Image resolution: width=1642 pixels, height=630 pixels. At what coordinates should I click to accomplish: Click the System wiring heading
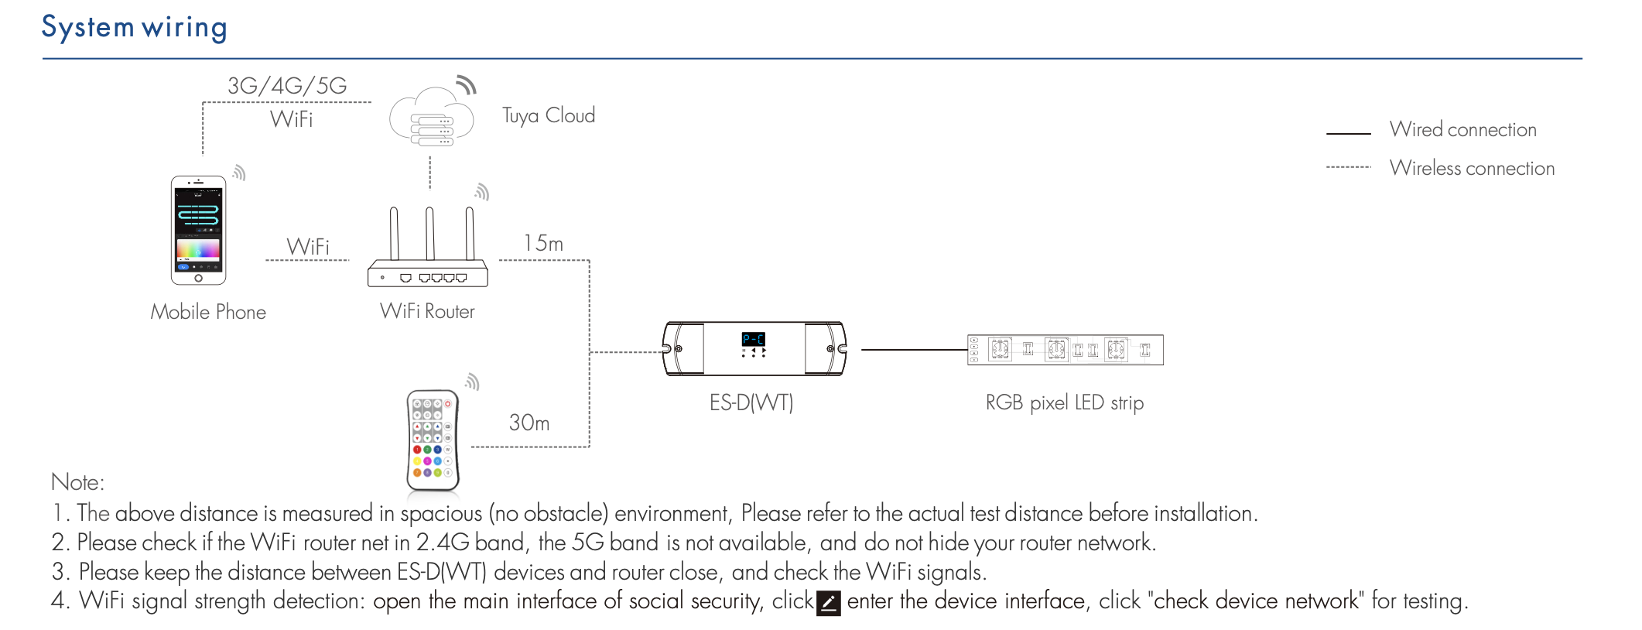(x=134, y=27)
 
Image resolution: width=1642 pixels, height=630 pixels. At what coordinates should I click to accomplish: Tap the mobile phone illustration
(x=198, y=230)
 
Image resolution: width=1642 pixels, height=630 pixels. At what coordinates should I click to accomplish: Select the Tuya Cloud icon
(x=432, y=118)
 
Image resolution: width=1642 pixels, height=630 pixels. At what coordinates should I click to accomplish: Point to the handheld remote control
(x=433, y=440)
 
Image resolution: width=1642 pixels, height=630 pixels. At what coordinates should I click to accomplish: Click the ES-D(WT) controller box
(x=754, y=349)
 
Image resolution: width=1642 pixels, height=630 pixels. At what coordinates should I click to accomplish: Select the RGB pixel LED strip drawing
(x=1065, y=350)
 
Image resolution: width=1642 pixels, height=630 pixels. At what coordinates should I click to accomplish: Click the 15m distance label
(x=543, y=243)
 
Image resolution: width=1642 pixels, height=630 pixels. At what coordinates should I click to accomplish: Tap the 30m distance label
(x=529, y=423)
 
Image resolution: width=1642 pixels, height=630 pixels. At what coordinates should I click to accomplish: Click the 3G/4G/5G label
(x=287, y=85)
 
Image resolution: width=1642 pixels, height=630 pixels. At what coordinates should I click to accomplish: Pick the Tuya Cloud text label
(x=549, y=115)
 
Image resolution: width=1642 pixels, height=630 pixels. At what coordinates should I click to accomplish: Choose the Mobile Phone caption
(x=208, y=312)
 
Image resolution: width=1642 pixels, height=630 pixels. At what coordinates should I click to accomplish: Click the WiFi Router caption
(x=427, y=311)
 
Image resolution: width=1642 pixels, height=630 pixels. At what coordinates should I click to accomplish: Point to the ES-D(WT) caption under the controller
(x=751, y=402)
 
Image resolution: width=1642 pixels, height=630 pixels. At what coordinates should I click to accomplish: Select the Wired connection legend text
(x=1462, y=129)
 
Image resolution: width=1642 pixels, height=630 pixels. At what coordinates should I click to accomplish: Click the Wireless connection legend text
(x=1472, y=168)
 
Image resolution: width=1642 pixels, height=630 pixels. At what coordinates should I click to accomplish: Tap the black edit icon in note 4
(x=829, y=603)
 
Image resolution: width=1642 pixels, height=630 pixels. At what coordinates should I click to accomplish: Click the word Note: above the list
(x=77, y=482)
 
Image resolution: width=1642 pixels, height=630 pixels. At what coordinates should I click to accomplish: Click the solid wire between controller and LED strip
(x=913, y=350)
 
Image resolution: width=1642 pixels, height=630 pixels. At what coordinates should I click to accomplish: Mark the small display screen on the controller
(x=753, y=339)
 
